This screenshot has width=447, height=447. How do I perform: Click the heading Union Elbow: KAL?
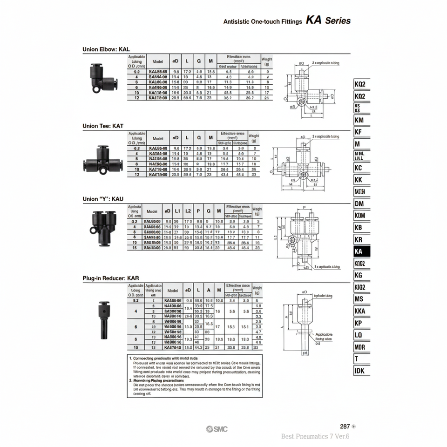coord(106,49)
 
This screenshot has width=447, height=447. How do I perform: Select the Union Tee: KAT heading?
coord(103,126)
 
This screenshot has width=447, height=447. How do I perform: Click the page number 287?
coord(345,426)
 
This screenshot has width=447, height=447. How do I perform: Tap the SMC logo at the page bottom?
coord(217,429)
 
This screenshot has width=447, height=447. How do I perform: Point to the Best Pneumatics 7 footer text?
coord(315,437)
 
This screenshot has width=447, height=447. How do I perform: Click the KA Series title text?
coord(328,21)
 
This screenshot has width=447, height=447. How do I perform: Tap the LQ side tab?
coord(359,335)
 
